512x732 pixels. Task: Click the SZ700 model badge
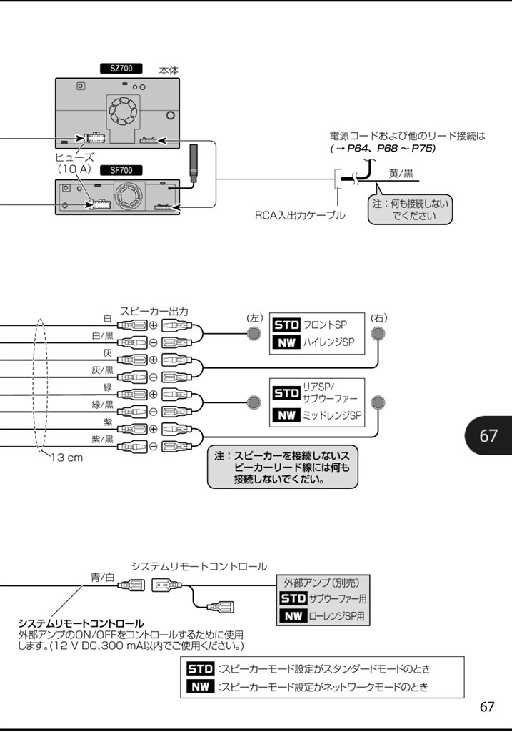tap(121, 69)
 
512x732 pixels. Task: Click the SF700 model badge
tap(121, 171)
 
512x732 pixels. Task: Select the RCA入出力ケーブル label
tap(300, 214)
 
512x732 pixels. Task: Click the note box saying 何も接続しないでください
tap(411, 209)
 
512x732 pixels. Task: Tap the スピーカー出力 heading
tap(154, 311)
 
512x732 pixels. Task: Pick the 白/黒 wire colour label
tap(102, 335)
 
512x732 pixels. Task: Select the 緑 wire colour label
tap(108, 387)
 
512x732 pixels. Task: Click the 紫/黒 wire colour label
tap(102, 439)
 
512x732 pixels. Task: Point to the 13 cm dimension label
tap(66, 457)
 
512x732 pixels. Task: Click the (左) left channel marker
tap(255, 317)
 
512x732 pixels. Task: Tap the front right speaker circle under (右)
tap(378, 334)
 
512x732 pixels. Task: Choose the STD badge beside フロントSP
tap(287, 325)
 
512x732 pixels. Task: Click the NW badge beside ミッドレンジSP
tap(287, 415)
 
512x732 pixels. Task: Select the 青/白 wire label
tap(102, 577)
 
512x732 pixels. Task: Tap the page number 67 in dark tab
tap(488, 435)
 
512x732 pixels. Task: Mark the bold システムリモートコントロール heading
tap(81, 623)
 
